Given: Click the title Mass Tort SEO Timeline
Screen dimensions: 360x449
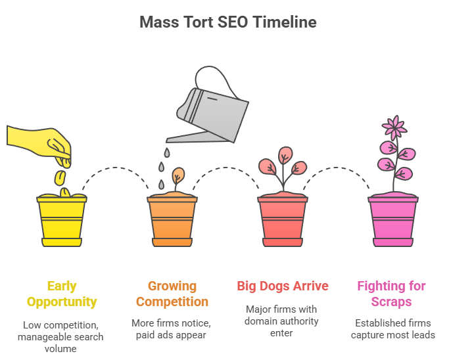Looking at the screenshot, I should pyautogui.click(x=227, y=22).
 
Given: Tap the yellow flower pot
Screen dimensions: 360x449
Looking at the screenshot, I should pyautogui.click(x=62, y=220).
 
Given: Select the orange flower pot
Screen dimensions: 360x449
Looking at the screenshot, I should pyautogui.click(x=172, y=220).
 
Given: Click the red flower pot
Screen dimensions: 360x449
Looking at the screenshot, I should pyautogui.click(x=283, y=220).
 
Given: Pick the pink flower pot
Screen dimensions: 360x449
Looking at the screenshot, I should pyautogui.click(x=393, y=220).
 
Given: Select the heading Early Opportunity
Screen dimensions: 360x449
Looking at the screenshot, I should pyautogui.click(x=62, y=294).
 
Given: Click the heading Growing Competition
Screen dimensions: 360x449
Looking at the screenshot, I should pyautogui.click(x=172, y=294).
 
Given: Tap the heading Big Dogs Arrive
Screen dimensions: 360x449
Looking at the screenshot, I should pyautogui.click(x=283, y=286).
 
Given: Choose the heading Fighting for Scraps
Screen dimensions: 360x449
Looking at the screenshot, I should pyautogui.click(x=392, y=294).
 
